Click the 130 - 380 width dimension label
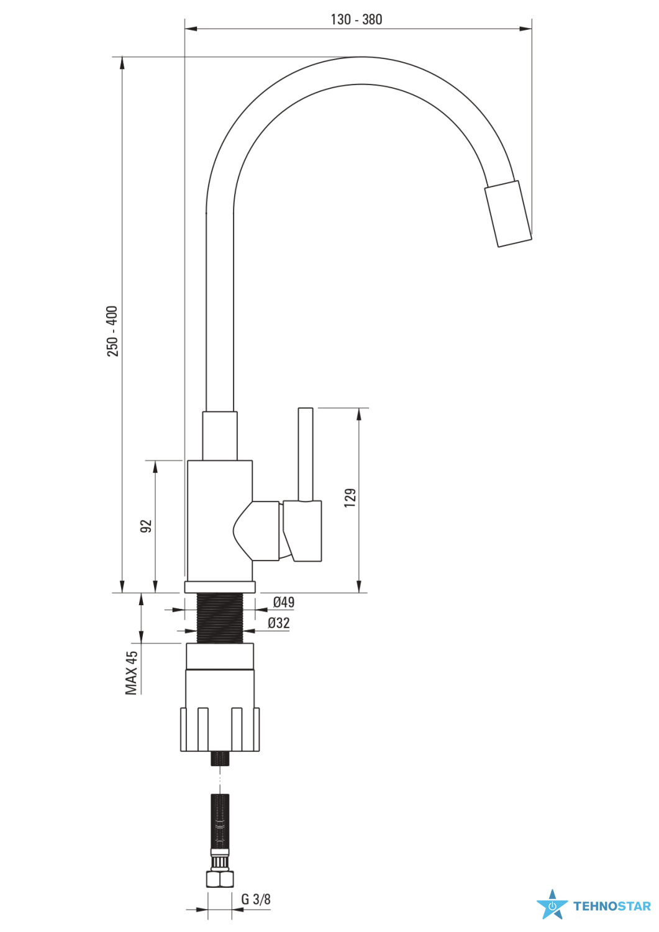[356, 19]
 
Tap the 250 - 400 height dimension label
[113, 331]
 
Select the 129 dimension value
[350, 498]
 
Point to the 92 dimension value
[147, 526]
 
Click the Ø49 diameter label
[284, 601]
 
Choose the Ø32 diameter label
[279, 623]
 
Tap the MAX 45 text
[132, 673]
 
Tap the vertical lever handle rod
[306, 455]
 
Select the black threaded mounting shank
[220, 618]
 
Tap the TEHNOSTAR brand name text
[612, 906]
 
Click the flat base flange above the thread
[220, 587]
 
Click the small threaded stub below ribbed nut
[220, 759]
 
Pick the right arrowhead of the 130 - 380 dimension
[526, 29]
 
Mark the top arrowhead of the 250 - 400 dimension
[122, 63]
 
